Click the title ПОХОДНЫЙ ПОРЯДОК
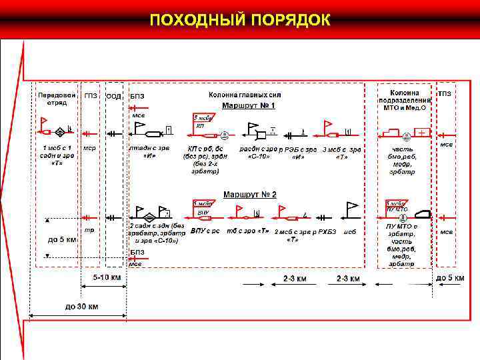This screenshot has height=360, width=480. point(240,19)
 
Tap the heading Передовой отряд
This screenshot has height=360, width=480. point(51,99)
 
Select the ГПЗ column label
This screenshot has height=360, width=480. point(90,95)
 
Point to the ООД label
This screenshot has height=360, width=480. point(114,96)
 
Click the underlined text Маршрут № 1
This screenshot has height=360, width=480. point(249,105)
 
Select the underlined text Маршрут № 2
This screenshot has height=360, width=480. point(249,194)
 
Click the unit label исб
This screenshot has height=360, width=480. point(350,231)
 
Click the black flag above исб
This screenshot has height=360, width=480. point(351,208)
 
